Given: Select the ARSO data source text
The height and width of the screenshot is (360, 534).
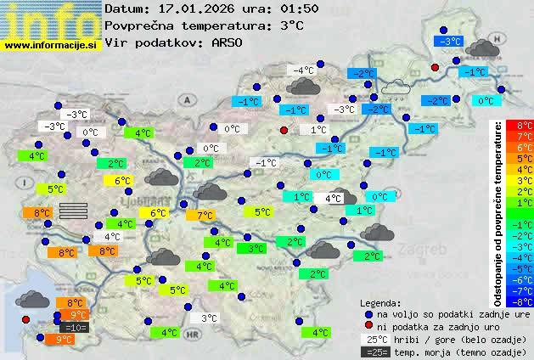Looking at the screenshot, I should [228, 42].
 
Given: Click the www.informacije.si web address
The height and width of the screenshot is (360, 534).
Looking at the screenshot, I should [51, 44].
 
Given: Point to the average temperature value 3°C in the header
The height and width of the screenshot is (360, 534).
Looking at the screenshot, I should [291, 25].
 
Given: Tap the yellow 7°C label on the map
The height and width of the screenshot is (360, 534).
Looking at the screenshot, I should [205, 216].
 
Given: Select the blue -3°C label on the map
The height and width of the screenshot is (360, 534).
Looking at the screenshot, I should [447, 41].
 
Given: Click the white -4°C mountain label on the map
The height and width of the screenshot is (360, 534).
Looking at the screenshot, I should [303, 70].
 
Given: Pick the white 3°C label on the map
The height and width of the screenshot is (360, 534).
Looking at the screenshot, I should [208, 318].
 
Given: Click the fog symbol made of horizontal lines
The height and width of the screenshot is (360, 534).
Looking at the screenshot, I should [74, 210].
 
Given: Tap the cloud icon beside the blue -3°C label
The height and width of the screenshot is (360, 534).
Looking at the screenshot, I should [482, 48].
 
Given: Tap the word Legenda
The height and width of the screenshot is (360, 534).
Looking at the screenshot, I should [380, 302].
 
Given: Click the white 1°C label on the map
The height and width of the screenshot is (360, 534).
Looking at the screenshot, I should [318, 130].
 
